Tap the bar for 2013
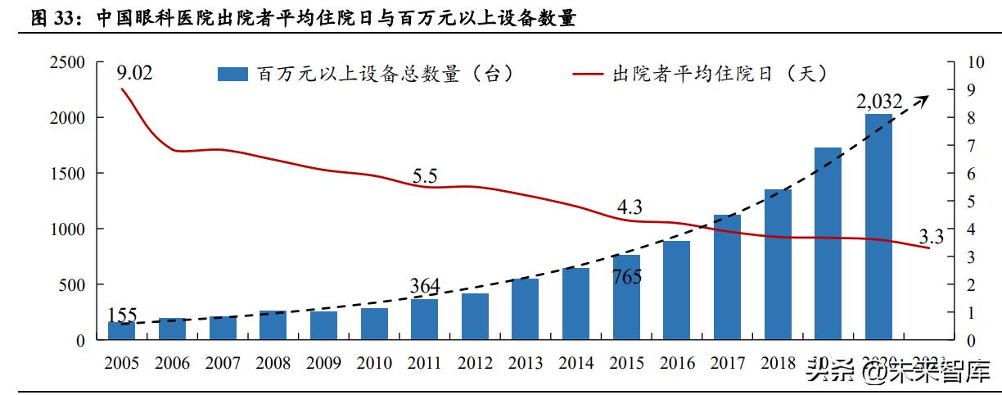[x=525, y=309]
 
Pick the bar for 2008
[x=273, y=325]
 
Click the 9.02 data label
[x=135, y=73]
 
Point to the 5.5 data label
[x=425, y=175]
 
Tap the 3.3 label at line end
[x=932, y=238]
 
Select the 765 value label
[x=626, y=276]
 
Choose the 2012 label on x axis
[x=475, y=363]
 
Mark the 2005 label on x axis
[x=121, y=363]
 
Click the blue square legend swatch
[x=232, y=75]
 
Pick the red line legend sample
[x=588, y=75]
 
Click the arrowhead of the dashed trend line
[x=923, y=98]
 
